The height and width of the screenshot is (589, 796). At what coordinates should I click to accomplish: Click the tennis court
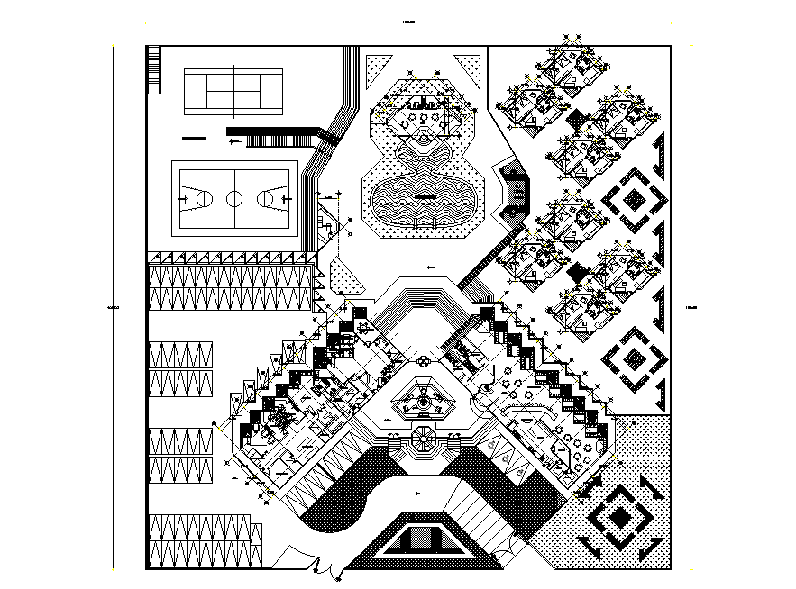[x=233, y=91]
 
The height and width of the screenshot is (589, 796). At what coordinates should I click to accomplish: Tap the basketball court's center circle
[x=234, y=197]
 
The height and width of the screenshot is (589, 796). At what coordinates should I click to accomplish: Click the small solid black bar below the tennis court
[x=193, y=139]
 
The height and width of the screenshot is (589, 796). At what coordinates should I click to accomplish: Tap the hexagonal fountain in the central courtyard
[x=422, y=401]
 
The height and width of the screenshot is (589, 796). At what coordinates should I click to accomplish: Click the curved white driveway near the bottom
[x=397, y=498]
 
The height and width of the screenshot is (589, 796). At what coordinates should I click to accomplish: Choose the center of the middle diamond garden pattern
[x=635, y=360]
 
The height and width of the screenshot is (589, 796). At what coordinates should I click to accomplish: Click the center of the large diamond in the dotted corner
[x=621, y=518]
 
